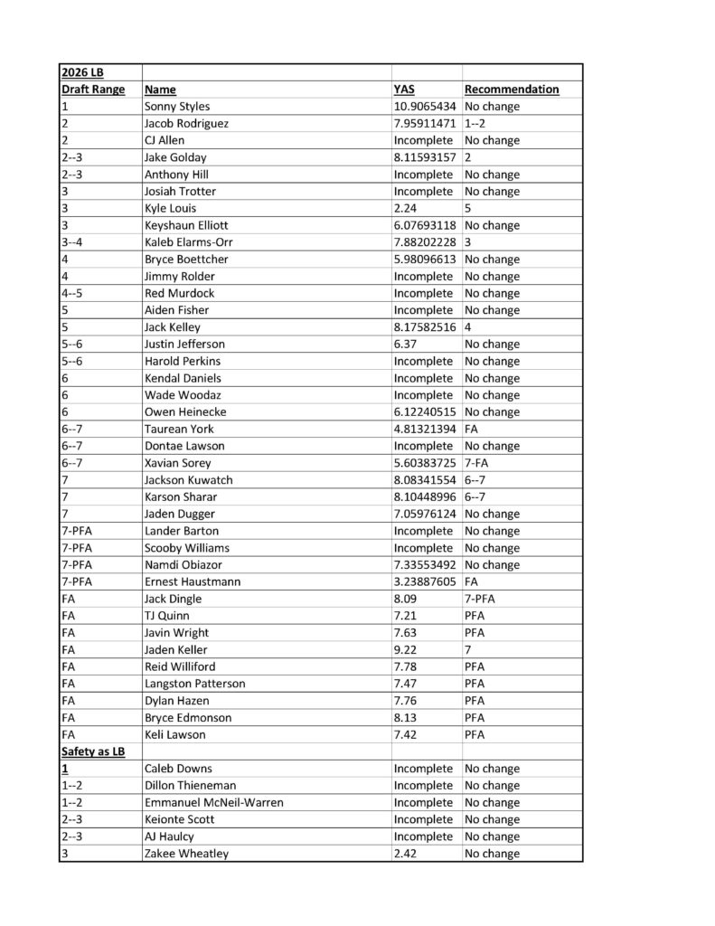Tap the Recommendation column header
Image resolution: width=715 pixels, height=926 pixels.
tap(511, 90)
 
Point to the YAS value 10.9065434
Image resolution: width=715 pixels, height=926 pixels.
tap(425, 107)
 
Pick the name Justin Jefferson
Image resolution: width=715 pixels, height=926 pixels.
tap(184, 345)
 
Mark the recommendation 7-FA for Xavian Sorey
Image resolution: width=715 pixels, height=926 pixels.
tap(478, 463)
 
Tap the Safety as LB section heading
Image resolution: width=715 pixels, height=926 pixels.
tap(92, 751)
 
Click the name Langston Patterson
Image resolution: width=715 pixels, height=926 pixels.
tap(194, 684)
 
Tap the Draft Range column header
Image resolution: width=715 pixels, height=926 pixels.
tap(92, 90)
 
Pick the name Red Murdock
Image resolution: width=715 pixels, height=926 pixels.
tap(175, 293)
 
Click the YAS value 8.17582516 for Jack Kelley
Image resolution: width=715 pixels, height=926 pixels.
tap(425, 327)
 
